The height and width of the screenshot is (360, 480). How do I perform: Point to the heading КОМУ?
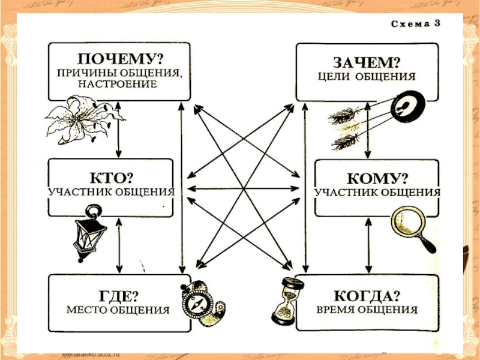pyautogui.click(x=379, y=178)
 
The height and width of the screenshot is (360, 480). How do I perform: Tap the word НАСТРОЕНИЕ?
pyautogui.click(x=117, y=85)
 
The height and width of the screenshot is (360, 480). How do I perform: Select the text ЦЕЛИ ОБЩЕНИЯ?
pyautogui.click(x=367, y=77)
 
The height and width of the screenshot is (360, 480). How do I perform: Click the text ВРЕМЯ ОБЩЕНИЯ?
pyautogui.click(x=368, y=311)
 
